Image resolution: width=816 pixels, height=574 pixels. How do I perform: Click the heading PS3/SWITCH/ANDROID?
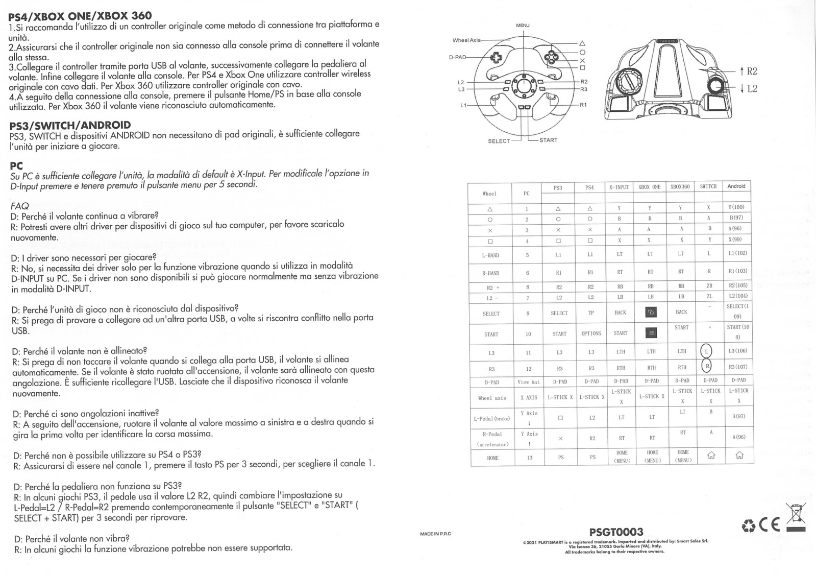[x=70, y=125]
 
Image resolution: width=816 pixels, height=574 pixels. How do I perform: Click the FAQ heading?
[x=20, y=206]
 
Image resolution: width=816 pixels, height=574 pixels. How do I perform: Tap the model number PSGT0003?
[x=616, y=532]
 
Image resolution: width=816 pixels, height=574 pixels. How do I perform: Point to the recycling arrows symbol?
[x=749, y=525]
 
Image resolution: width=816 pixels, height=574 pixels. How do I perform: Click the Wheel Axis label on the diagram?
[x=466, y=40]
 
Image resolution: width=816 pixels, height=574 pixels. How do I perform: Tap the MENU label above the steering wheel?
[x=523, y=26]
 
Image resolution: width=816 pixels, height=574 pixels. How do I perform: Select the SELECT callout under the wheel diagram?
[x=499, y=141]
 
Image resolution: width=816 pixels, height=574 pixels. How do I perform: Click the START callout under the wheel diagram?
[x=548, y=140]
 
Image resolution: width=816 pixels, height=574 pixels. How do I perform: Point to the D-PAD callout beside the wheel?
[x=457, y=57]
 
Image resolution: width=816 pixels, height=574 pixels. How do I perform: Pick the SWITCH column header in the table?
[x=708, y=187]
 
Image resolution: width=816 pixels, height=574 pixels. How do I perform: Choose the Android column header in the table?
[x=736, y=186]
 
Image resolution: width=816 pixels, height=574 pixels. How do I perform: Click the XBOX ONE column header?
[x=649, y=187]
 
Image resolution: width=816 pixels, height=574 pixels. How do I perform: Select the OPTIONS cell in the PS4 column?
[x=591, y=333]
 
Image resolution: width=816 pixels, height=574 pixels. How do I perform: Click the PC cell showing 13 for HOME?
[x=529, y=458]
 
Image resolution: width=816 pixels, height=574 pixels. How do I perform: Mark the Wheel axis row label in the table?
[x=492, y=398]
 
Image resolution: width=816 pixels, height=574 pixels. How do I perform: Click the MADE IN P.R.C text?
[x=435, y=534]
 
